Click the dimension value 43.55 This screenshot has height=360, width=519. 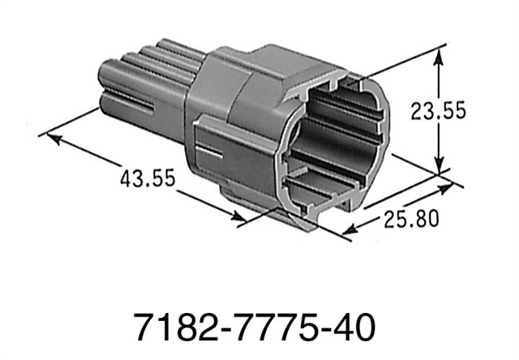(x=148, y=177)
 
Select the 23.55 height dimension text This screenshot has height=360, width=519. (x=438, y=112)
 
